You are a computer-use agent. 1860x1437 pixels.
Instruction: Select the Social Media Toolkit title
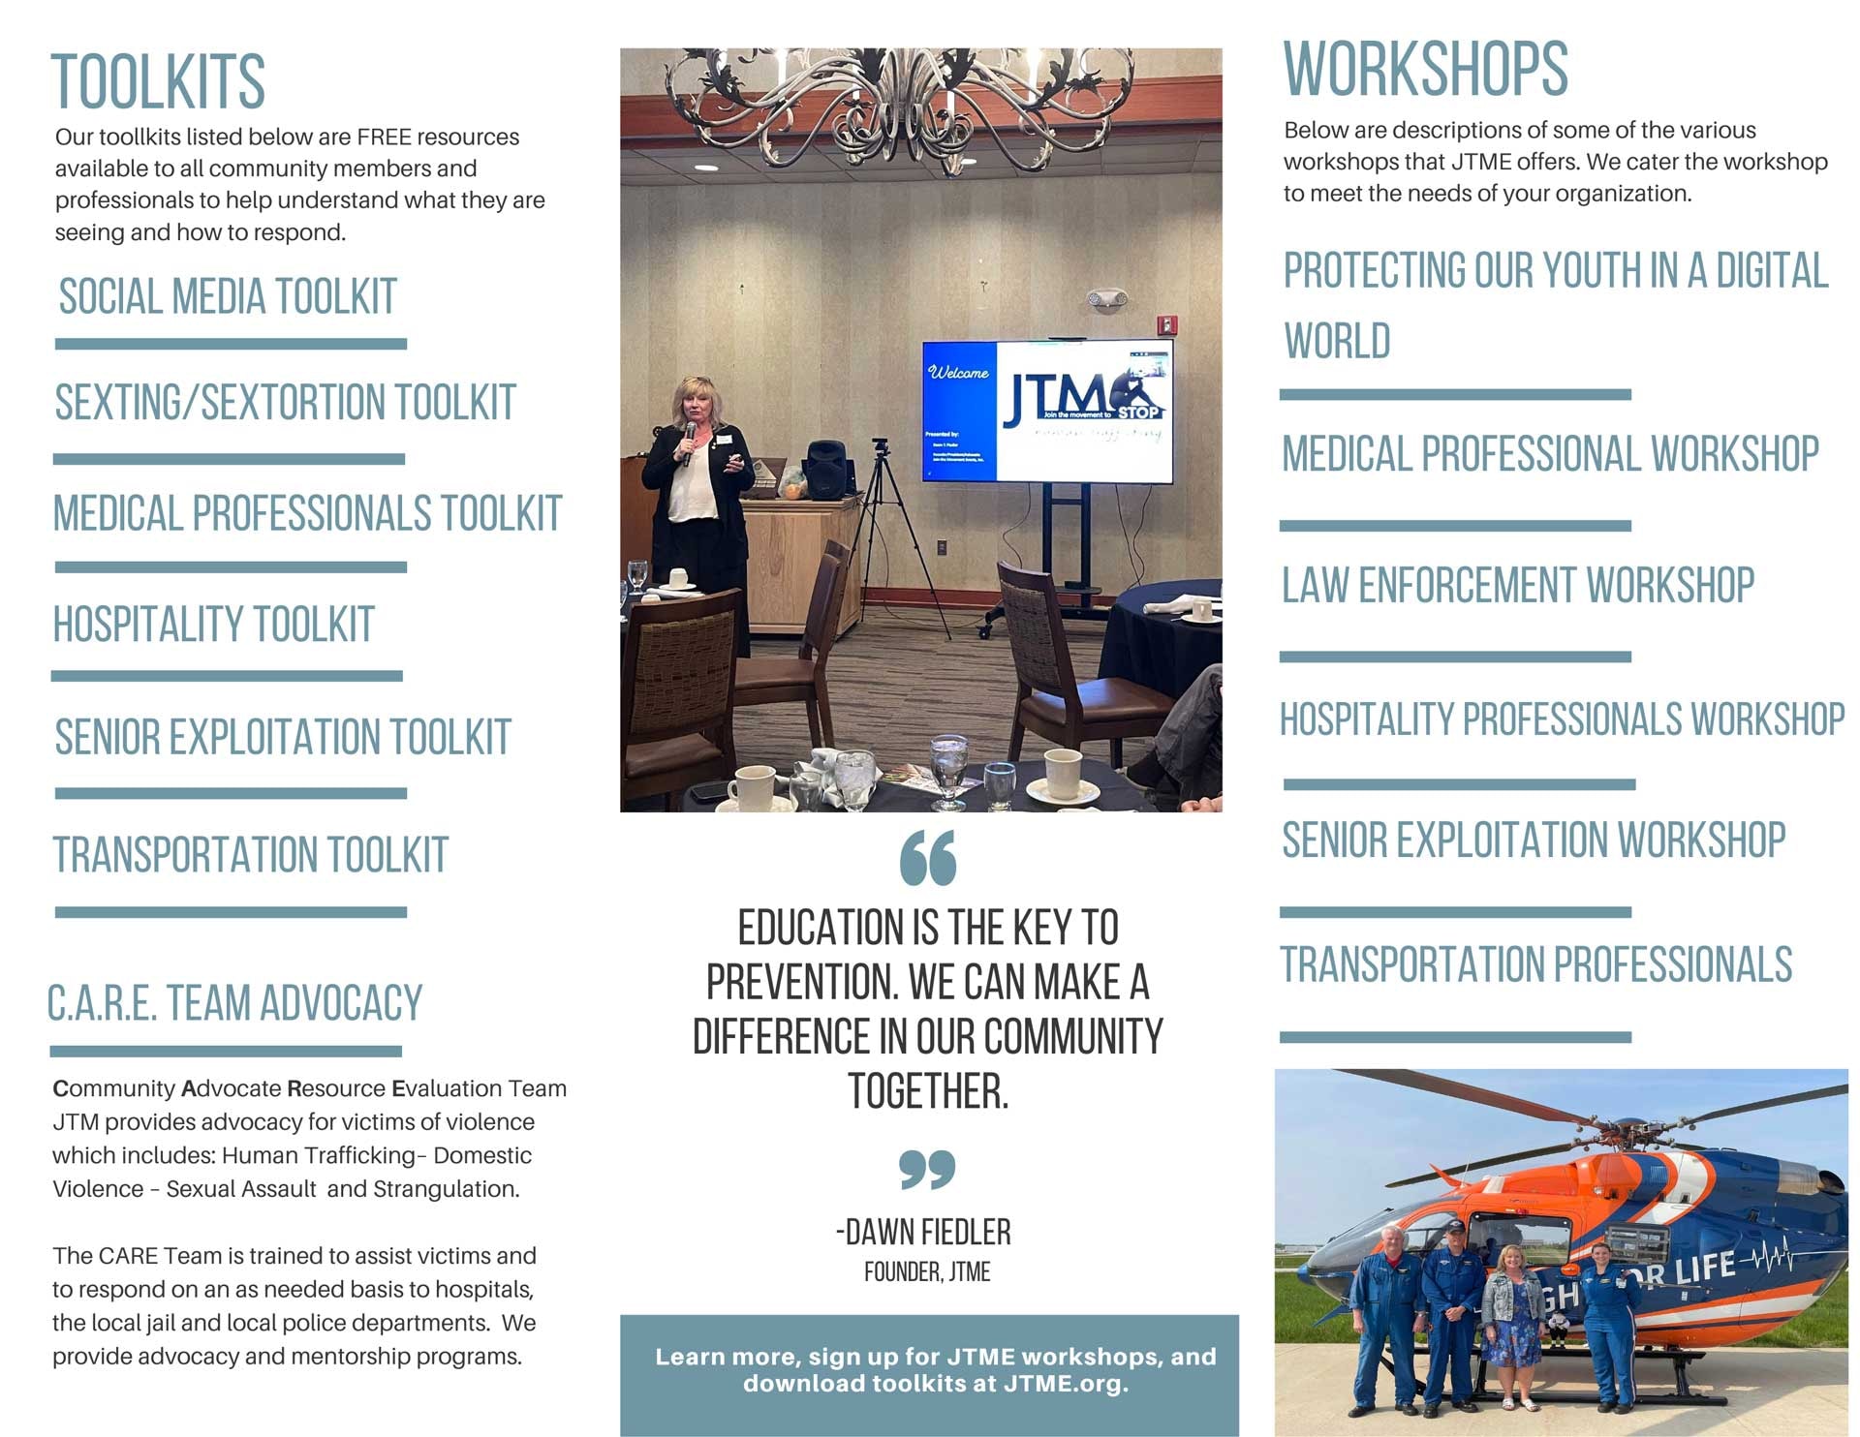pyautogui.click(x=228, y=296)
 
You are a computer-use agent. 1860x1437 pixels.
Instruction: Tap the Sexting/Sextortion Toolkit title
pyautogui.click(x=285, y=403)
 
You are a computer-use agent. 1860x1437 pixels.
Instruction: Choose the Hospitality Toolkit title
pyautogui.click(x=213, y=625)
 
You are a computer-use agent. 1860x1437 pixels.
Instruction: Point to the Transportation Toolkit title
pyautogui.click(x=250, y=855)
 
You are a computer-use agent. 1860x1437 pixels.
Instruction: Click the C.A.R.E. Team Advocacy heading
pyautogui.click(x=234, y=1003)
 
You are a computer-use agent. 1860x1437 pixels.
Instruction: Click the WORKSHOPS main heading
pyautogui.click(x=1425, y=69)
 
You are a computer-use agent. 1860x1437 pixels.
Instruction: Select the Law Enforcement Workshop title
pyautogui.click(x=1518, y=585)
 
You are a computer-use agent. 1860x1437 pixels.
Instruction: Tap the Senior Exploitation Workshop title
pyautogui.click(x=1534, y=840)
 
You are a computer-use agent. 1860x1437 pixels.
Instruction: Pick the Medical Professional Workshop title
pyautogui.click(x=1550, y=454)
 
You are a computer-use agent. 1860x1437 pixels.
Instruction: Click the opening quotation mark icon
pyautogui.click(x=928, y=857)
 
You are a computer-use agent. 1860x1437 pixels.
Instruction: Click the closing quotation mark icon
pyautogui.click(x=927, y=1169)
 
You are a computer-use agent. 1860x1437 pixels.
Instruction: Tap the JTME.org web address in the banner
pyautogui.click(x=1065, y=1384)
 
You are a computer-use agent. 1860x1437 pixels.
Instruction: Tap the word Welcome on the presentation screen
pyautogui.click(x=958, y=373)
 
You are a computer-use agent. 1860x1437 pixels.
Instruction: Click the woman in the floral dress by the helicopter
pyautogui.click(x=1512, y=1326)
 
